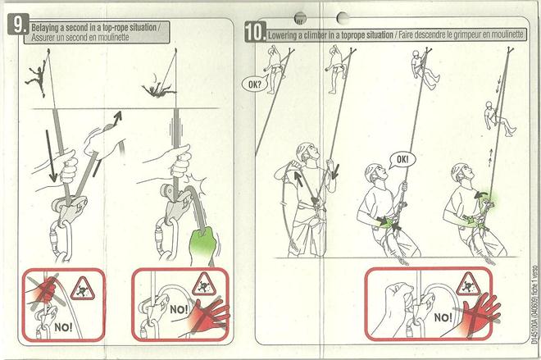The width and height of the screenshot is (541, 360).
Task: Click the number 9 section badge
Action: click(17, 24)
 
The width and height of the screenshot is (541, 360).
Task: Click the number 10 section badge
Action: click(255, 31)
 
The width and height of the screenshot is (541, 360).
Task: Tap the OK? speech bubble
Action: click(255, 84)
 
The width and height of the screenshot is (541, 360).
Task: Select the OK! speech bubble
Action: click(402, 159)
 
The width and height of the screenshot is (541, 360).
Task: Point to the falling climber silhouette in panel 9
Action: click(158, 89)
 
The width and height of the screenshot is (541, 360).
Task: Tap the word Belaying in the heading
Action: click(48, 28)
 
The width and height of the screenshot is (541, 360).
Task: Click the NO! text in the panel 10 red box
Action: click(443, 317)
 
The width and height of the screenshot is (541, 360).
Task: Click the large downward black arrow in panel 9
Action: click(50, 156)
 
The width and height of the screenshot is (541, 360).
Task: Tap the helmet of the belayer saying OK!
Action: click(374, 171)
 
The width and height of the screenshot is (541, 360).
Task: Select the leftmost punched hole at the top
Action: click(300, 17)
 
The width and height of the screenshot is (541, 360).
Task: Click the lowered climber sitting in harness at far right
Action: click(499, 118)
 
